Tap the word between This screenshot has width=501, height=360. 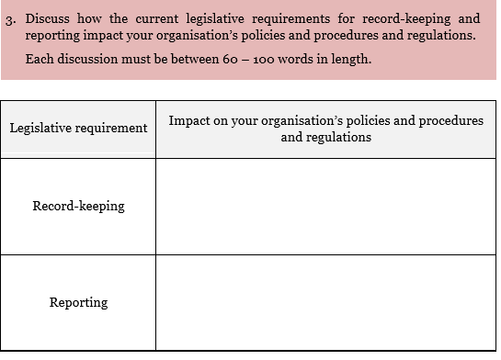click(214, 59)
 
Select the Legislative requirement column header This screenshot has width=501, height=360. click(78, 128)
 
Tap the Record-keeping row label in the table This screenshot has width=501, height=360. click(78, 206)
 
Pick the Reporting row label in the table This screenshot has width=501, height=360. click(78, 302)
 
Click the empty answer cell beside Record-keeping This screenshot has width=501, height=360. click(325, 206)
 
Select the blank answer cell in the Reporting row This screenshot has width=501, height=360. click(325, 302)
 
